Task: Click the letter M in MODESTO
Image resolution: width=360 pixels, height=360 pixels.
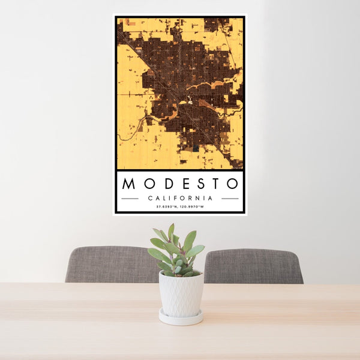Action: [x=128, y=183]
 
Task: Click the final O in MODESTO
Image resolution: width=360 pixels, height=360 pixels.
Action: [x=232, y=183]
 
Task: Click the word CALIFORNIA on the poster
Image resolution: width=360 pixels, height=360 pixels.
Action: [x=180, y=198]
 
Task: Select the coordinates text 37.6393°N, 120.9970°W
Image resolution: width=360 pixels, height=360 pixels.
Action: [x=180, y=207]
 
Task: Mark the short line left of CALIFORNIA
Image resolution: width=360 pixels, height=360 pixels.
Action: [x=130, y=198]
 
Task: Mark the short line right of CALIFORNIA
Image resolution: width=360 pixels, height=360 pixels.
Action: [x=230, y=198]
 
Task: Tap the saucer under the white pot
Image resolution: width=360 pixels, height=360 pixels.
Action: [x=181, y=318]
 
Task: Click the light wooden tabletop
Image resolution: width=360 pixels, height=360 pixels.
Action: [x=90, y=324]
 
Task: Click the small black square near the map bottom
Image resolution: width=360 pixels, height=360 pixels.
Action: [x=196, y=149]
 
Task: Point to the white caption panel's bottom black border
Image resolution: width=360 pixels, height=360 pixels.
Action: [x=180, y=212]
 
